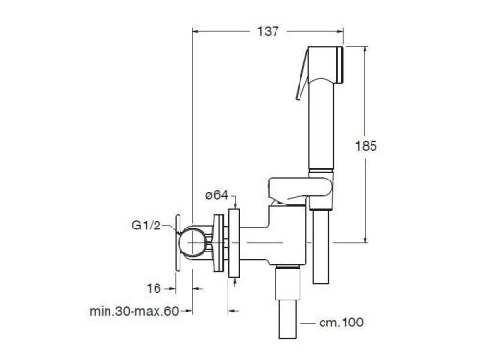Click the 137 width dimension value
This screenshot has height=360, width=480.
pos(268,31)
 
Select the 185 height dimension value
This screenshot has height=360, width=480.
pos(366,146)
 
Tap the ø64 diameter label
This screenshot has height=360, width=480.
pos(217,195)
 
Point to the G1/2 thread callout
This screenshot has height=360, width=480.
pos(146,226)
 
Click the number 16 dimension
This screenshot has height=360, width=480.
pos(154,288)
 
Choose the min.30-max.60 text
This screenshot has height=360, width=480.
pos(134,311)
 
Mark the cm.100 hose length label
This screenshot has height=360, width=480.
pos(341,323)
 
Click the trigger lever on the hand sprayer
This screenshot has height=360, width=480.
pos(302,77)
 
